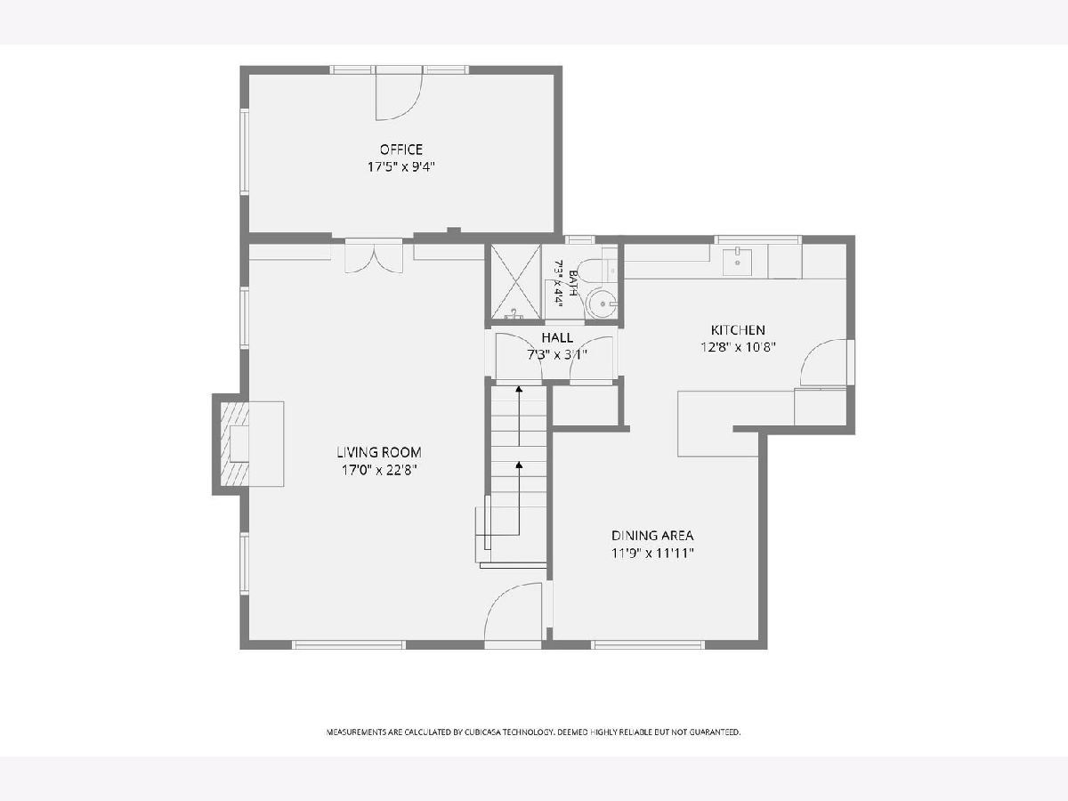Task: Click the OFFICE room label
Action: coord(400,149)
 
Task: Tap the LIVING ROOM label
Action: coord(379,452)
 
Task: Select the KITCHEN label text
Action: coord(738,330)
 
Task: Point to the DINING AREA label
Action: coord(652,536)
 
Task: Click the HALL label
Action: coord(557,337)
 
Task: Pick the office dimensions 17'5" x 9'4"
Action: coord(400,166)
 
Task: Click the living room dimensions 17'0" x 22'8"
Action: coord(379,470)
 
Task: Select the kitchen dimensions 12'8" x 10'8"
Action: coord(738,347)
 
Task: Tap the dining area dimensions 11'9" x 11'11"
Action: coord(652,553)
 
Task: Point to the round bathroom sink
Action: coord(602,303)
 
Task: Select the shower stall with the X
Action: coord(515,282)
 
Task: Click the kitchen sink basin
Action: coord(737,263)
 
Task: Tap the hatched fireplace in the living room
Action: coord(235,444)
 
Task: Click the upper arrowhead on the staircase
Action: coord(519,389)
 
